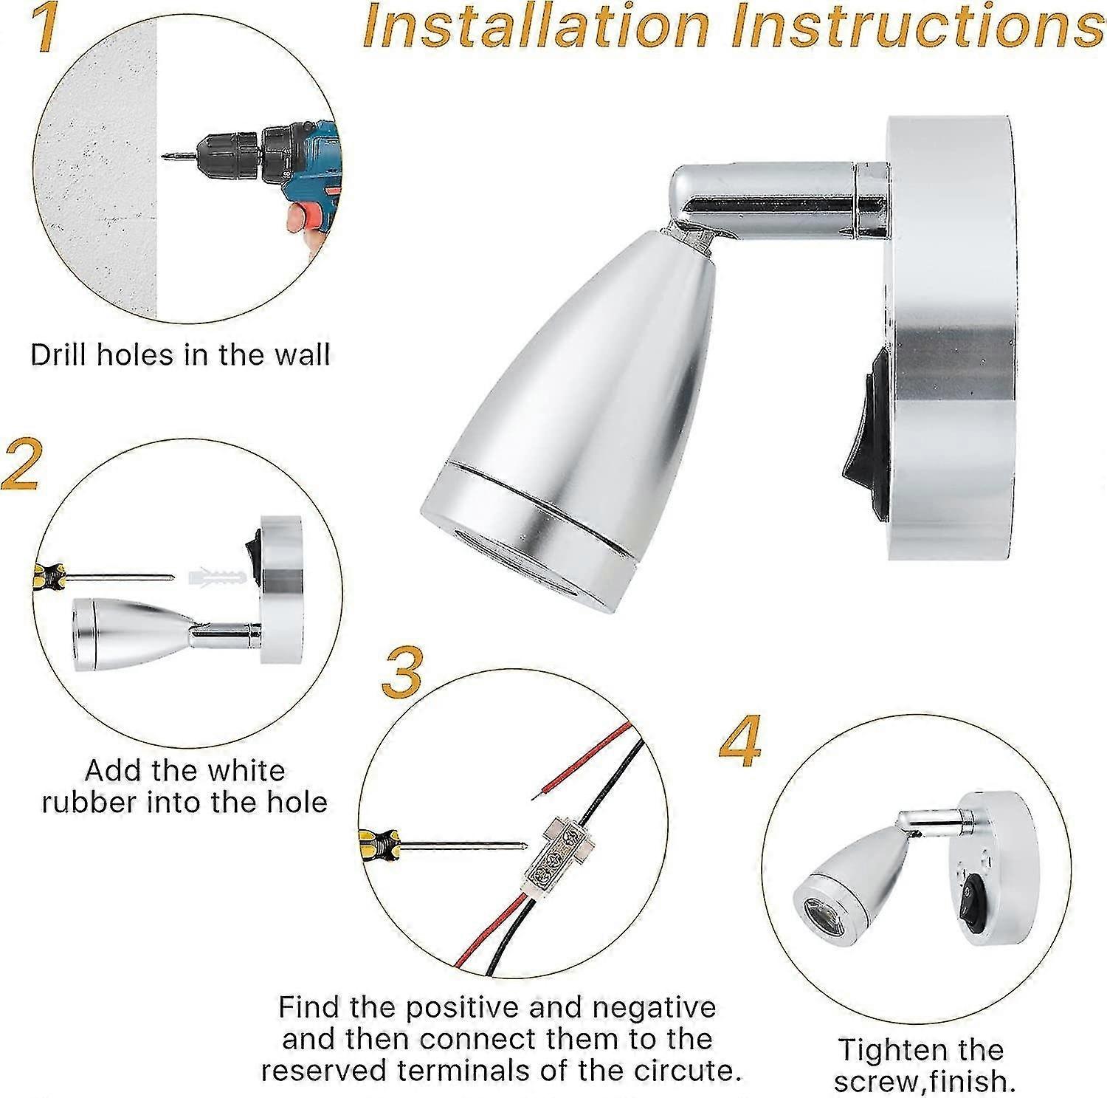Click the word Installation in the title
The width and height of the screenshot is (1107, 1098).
pyautogui.click(x=535, y=27)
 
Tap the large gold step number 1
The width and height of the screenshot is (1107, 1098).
pyautogui.click(x=45, y=27)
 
